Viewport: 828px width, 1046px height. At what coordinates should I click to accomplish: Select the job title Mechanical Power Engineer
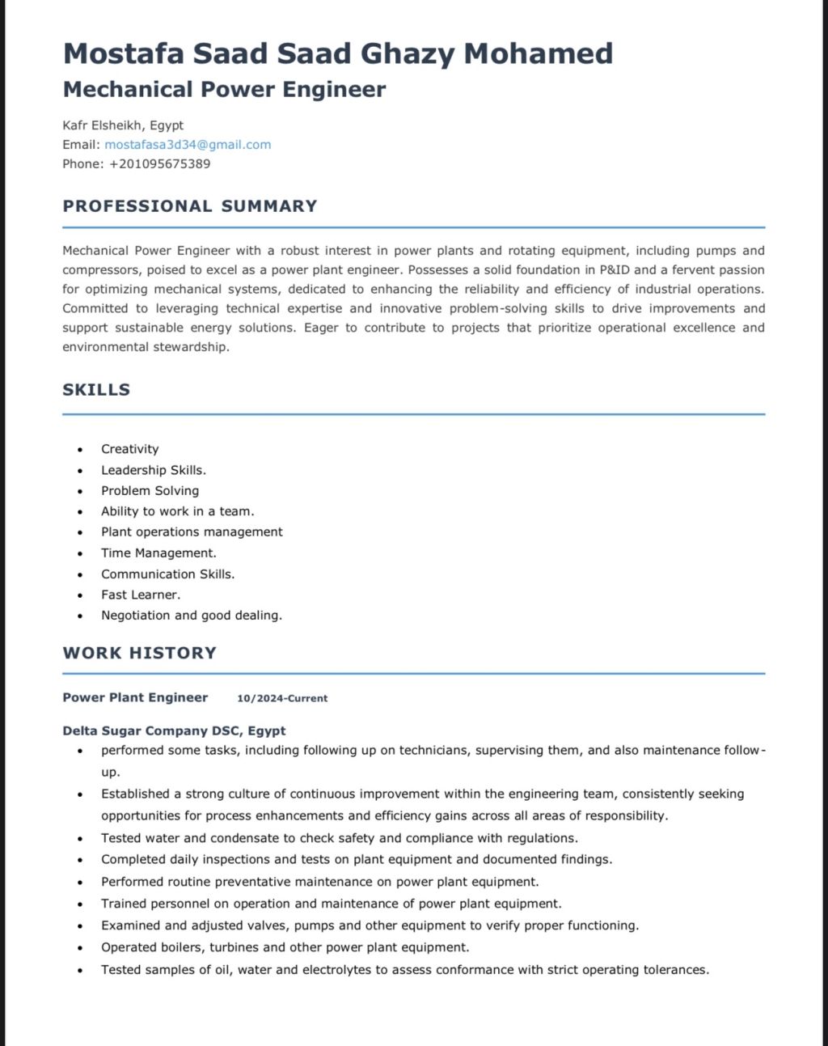click(x=224, y=89)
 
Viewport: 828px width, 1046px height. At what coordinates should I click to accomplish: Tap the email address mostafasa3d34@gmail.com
click(x=188, y=145)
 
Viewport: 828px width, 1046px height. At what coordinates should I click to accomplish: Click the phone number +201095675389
click(x=159, y=163)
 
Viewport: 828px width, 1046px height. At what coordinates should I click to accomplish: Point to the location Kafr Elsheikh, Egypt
click(x=123, y=125)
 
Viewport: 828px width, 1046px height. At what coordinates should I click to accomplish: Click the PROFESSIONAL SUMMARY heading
click(x=190, y=206)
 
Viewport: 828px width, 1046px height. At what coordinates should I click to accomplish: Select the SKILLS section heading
click(x=96, y=390)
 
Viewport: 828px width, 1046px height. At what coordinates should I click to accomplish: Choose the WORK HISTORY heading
click(x=140, y=653)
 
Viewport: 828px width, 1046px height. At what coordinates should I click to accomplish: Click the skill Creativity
click(x=129, y=449)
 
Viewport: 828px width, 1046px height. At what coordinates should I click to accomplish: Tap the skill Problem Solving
click(x=150, y=490)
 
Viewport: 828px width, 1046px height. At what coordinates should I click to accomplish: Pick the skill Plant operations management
click(x=192, y=531)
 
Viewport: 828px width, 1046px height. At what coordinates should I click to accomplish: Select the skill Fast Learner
click(x=141, y=595)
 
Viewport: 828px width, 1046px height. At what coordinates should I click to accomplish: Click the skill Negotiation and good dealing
click(x=192, y=616)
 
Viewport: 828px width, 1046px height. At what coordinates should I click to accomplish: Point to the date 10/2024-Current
click(x=282, y=698)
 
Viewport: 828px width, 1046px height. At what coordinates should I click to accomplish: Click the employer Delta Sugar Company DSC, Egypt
click(x=174, y=731)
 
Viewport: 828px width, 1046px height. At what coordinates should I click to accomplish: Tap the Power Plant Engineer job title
click(x=135, y=697)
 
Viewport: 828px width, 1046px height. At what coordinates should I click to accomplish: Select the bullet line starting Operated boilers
click(x=285, y=947)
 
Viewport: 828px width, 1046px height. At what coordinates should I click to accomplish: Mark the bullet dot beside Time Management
click(x=80, y=554)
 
